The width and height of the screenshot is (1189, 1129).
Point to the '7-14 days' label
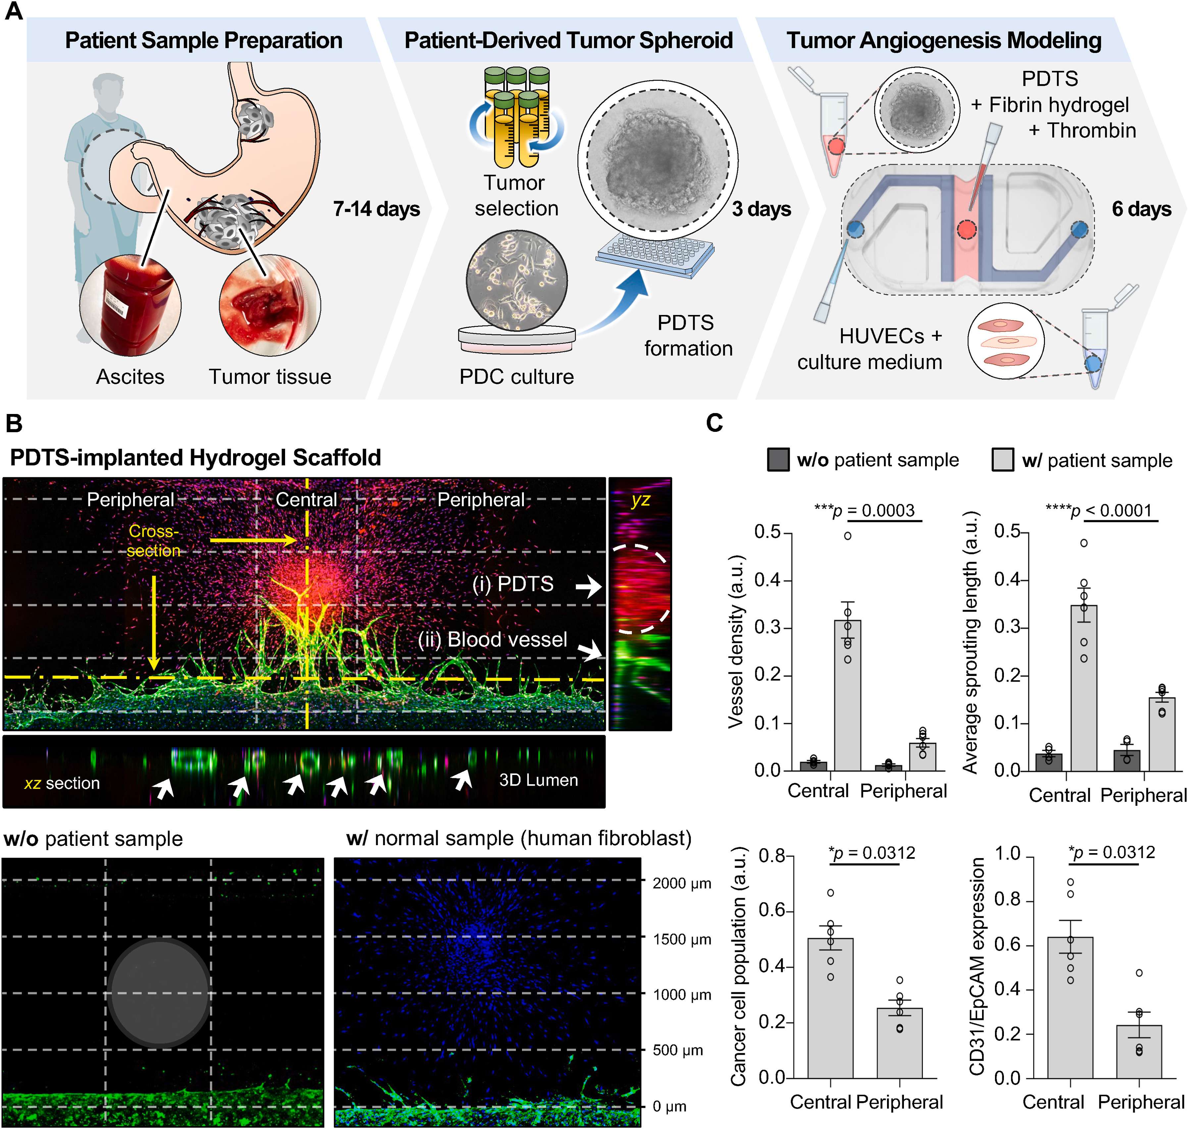[376, 209]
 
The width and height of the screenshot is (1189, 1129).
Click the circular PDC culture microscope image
[516, 281]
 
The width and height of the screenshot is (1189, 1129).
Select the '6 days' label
[1141, 209]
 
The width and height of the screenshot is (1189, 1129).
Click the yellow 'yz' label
[640, 499]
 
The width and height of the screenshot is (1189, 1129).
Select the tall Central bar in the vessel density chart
[847, 695]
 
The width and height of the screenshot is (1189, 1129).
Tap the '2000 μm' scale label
[682, 884]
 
